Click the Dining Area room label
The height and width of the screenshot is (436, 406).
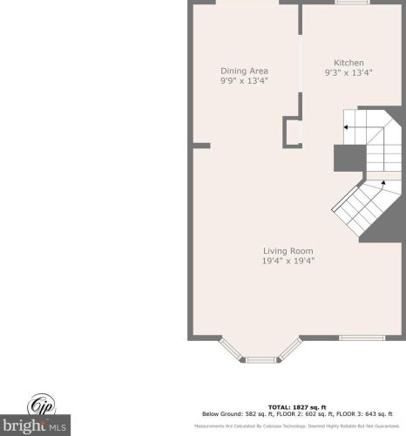[x=244, y=71]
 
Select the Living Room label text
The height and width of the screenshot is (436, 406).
[x=288, y=250]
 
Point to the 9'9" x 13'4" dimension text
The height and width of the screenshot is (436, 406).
[x=244, y=80]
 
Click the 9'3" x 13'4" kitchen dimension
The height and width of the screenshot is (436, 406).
[x=348, y=73]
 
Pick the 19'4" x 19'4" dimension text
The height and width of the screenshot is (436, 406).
[x=288, y=260]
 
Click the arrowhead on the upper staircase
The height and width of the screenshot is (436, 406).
[x=346, y=127]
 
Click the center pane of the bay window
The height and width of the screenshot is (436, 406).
[x=260, y=358]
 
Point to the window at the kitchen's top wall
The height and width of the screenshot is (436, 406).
[x=352, y=3]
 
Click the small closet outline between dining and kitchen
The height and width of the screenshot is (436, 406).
[x=293, y=133]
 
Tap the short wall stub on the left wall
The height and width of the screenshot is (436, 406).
[x=200, y=145]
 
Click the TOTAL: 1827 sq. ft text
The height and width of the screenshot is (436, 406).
[x=290, y=407]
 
